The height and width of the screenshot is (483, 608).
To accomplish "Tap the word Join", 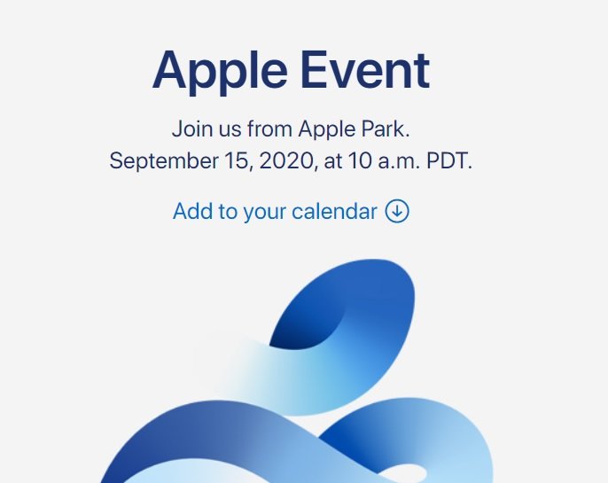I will (190, 129).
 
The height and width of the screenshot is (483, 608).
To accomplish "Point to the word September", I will (163, 162).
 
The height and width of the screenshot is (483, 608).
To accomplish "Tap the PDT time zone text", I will (450, 161).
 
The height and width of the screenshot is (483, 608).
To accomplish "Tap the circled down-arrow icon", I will (397, 212).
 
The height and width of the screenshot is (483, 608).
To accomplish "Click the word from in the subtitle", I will (269, 129).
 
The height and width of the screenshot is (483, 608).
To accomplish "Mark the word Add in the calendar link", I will (191, 212).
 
